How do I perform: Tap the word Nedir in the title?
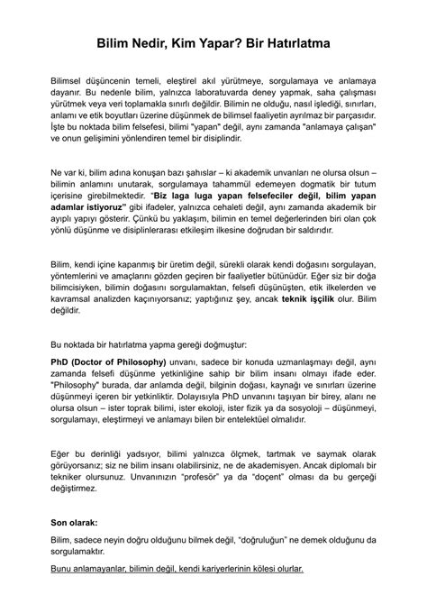(150, 42)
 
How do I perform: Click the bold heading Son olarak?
(78, 522)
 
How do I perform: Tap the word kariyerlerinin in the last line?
(195, 569)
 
